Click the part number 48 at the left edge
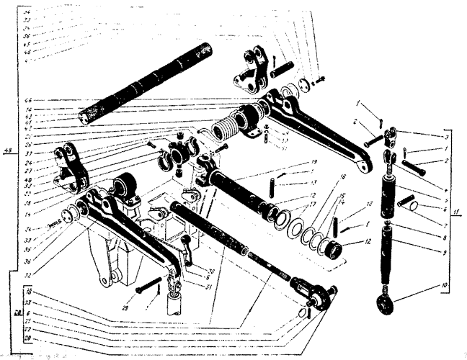point(8,151)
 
